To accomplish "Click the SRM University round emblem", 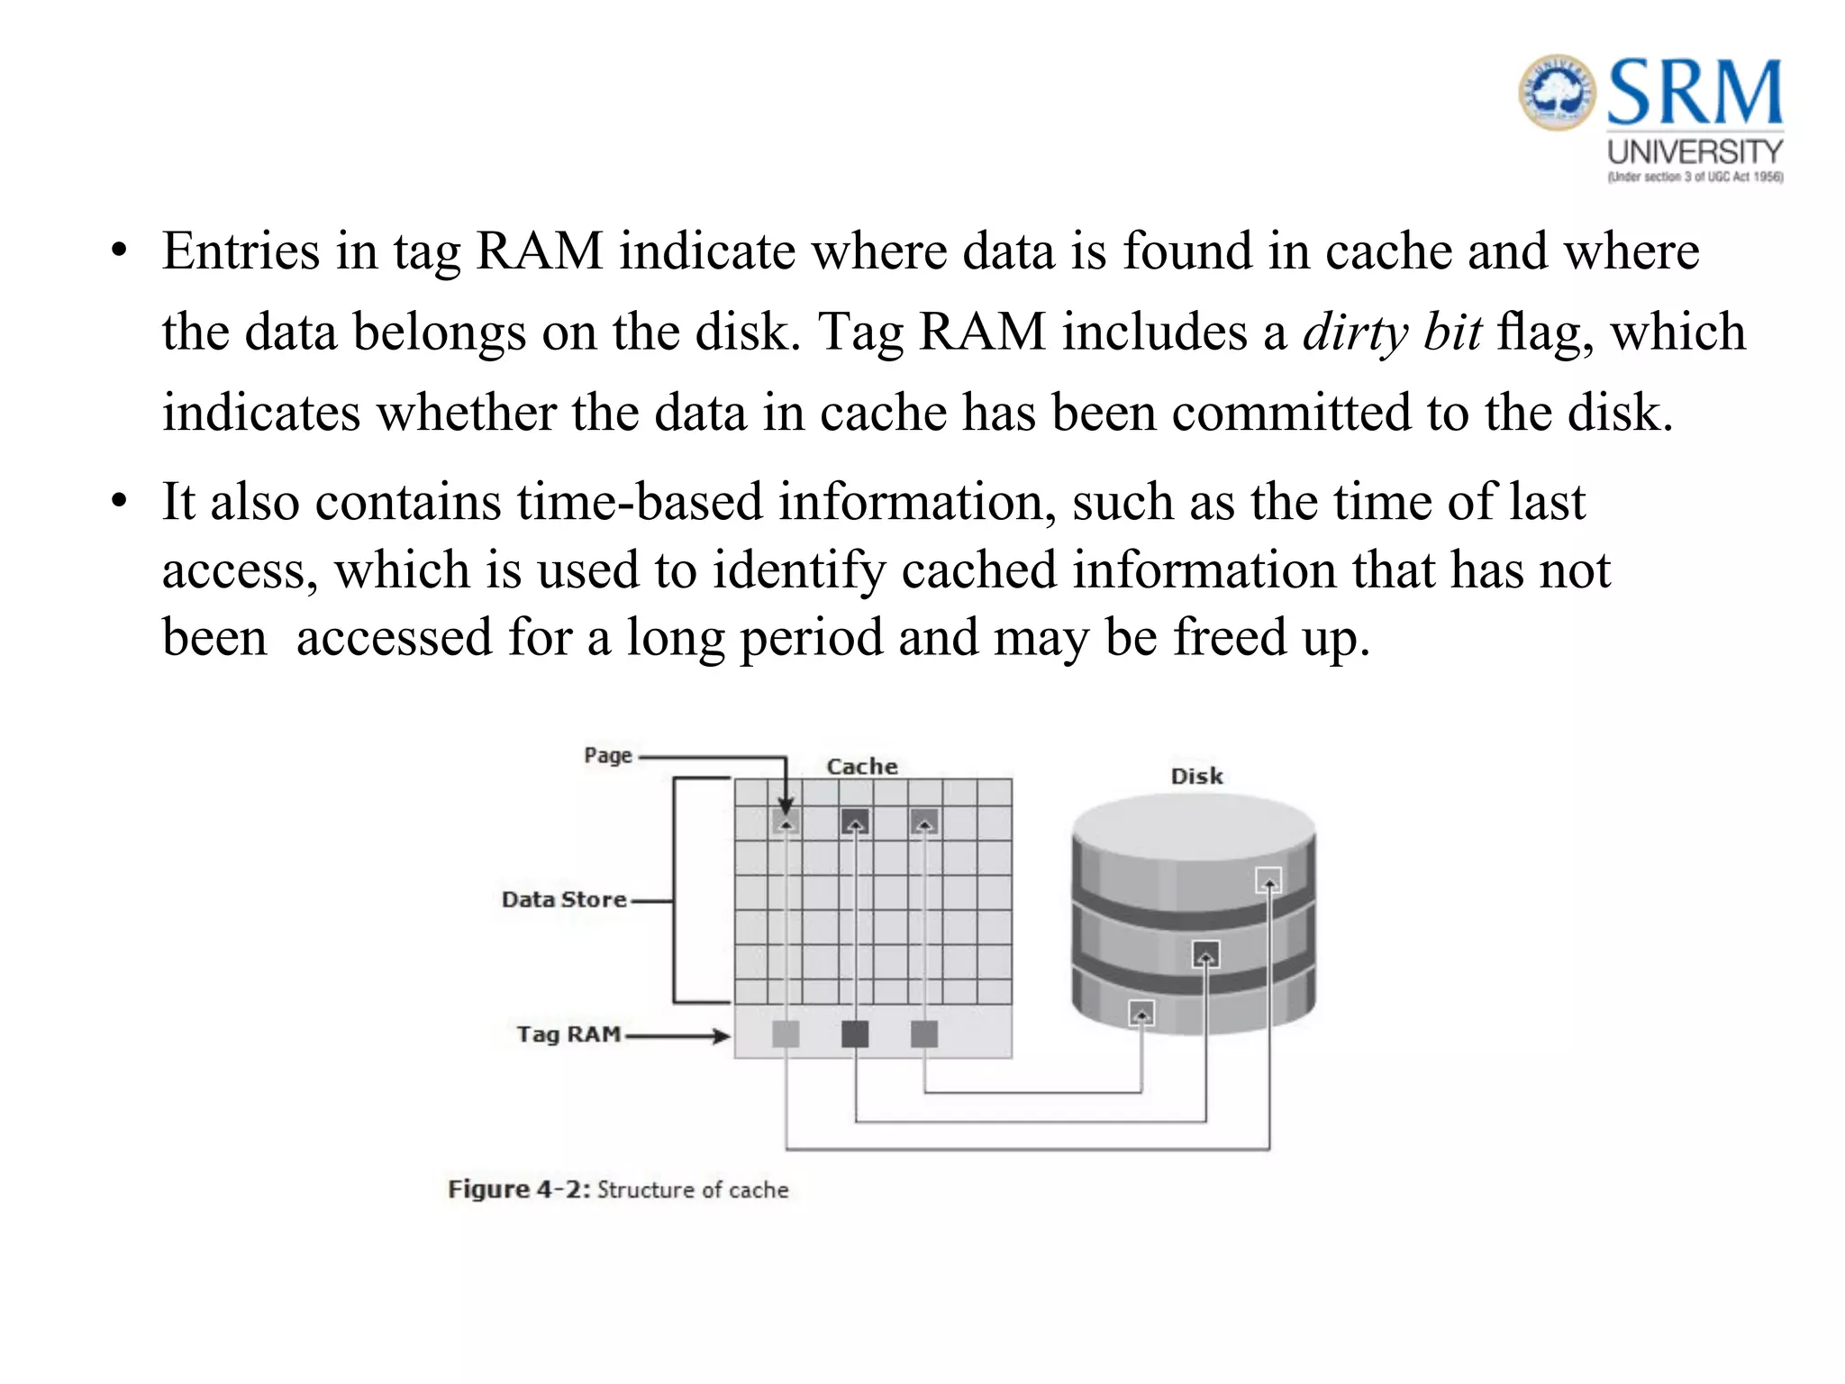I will [x=1557, y=92].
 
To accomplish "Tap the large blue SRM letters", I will [x=1694, y=92].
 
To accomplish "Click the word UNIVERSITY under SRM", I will [x=1695, y=151].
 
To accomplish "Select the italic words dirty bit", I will [x=1392, y=332].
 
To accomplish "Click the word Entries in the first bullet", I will [x=241, y=250].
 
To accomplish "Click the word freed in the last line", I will [x=1230, y=637].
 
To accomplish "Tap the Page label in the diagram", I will [x=608, y=756].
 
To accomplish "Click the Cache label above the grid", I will [x=862, y=767].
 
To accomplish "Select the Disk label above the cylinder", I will [x=1196, y=776].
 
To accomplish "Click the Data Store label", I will [x=564, y=899].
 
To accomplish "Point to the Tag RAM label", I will [x=568, y=1034].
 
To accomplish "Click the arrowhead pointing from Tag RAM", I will [x=722, y=1036].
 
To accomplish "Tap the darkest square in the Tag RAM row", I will [x=855, y=1034].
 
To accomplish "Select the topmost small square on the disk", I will [x=1268, y=879].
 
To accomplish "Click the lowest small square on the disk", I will [x=1141, y=1014].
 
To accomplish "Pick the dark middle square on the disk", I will [x=1205, y=953].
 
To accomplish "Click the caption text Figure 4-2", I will [x=519, y=1189].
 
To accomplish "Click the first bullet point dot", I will [x=119, y=250].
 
